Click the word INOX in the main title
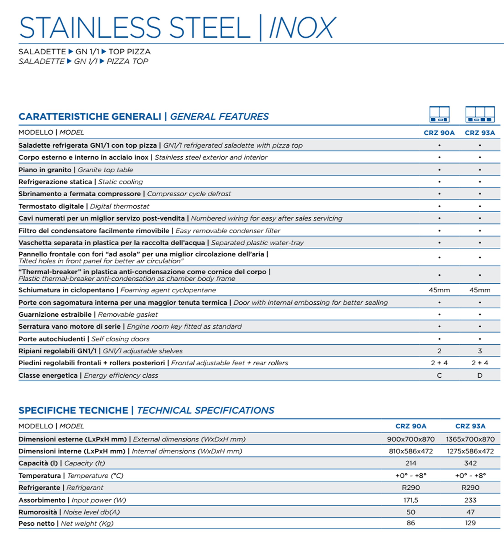(x=302, y=28)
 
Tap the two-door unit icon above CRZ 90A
(x=439, y=114)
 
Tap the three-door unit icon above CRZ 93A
(x=480, y=114)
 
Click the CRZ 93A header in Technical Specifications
(x=470, y=426)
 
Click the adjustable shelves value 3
(x=480, y=351)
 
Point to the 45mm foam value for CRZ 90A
(x=439, y=290)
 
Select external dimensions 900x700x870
(x=411, y=439)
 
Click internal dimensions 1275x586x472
(x=470, y=451)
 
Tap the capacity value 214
(x=411, y=463)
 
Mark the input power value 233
(x=470, y=500)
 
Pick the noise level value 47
(x=470, y=512)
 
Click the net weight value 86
(x=411, y=523)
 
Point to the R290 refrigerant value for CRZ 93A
(x=470, y=488)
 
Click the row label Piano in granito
(x=45, y=170)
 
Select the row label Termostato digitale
(x=51, y=206)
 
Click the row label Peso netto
(x=36, y=523)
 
